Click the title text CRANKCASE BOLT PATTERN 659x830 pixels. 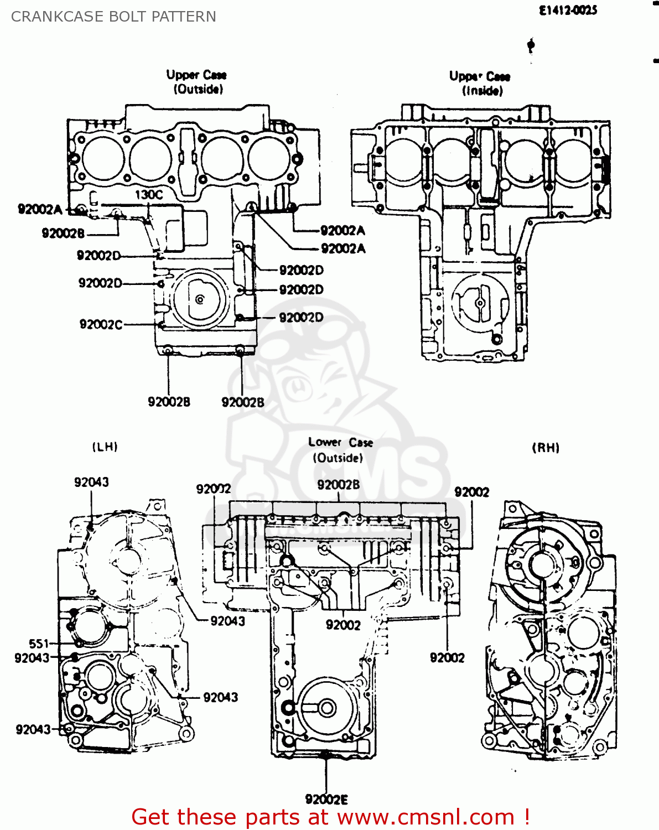coord(113,17)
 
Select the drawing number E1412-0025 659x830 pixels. coord(568,10)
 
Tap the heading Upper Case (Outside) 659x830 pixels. coord(197,82)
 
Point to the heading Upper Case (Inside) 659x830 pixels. coord(480,84)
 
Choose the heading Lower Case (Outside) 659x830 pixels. coord(340,450)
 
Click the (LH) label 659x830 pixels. coord(105,447)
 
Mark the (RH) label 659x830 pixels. coord(546,448)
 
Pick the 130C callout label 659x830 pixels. coord(149,194)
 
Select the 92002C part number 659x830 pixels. coord(101,324)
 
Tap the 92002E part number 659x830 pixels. coord(326,799)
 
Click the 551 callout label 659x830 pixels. coord(39,644)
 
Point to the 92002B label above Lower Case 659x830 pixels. coord(338,485)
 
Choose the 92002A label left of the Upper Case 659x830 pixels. coord(40,209)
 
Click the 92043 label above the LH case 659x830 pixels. coord(91,482)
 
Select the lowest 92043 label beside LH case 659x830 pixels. coord(33,729)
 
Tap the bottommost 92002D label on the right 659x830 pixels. coord(301,317)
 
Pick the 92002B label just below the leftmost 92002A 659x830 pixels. coord(63,233)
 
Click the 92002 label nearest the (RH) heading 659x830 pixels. coord(471,492)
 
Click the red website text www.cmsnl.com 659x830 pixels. coord(426,817)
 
